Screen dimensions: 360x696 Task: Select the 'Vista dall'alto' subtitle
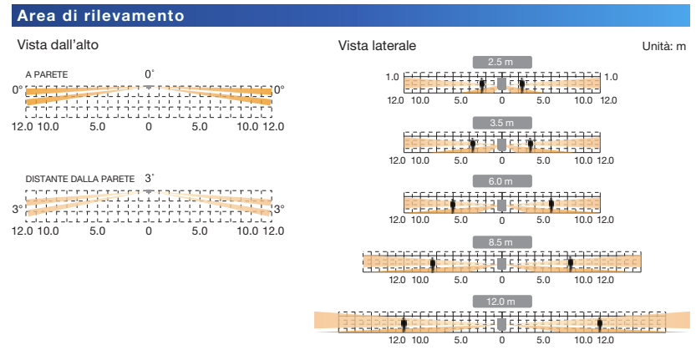tap(58, 44)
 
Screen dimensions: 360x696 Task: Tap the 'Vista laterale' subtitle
tap(377, 44)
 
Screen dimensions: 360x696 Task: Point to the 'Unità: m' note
tap(664, 47)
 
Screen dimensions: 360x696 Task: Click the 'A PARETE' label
tap(47, 74)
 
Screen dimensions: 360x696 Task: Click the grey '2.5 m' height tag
tap(501, 62)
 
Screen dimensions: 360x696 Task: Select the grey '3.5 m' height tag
tap(501, 122)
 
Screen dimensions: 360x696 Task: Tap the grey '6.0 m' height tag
tap(501, 180)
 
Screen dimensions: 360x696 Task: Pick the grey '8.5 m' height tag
tap(501, 241)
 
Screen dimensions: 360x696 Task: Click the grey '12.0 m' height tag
tap(501, 301)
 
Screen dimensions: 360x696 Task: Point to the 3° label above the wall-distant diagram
tap(150, 178)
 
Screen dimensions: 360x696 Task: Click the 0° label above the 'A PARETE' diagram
tap(150, 74)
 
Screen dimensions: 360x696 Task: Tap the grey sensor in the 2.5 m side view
tap(501, 83)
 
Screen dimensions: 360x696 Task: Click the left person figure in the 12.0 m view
tap(404, 323)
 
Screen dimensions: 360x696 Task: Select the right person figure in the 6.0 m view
tap(551, 204)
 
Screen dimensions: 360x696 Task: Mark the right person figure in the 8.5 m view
tap(571, 264)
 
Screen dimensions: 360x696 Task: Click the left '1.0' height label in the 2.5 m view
tap(393, 77)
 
